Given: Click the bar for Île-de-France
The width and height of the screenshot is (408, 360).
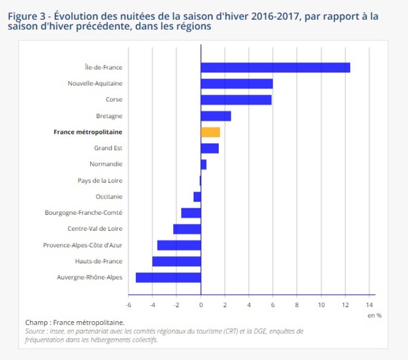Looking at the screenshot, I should click(x=275, y=67).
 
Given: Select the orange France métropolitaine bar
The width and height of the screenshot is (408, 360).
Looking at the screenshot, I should click(x=210, y=132).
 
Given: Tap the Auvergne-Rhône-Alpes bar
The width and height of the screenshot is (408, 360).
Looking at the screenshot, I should click(x=168, y=277).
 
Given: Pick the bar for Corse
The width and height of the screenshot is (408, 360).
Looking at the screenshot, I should click(x=236, y=100).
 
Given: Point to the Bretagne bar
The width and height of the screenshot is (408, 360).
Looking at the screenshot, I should click(x=216, y=116).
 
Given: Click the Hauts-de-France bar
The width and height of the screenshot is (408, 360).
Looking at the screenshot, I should click(x=177, y=261).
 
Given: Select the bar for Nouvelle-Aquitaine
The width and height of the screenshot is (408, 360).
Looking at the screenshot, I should click(x=237, y=84).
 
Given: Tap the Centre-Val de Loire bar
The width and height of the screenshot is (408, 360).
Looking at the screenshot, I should click(x=187, y=229).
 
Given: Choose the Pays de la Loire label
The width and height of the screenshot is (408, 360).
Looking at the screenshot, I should click(x=100, y=180).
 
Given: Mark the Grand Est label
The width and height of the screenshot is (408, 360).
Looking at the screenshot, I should click(x=108, y=148).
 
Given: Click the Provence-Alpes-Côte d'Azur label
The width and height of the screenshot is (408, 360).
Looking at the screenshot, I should click(x=83, y=245).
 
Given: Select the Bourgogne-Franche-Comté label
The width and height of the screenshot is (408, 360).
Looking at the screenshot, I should click(x=84, y=212).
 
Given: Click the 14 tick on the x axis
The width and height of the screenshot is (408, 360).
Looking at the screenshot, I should click(x=369, y=305).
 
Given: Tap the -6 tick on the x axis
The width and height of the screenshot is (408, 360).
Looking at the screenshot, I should click(x=128, y=305).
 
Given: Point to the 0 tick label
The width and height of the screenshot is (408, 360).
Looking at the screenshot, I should click(x=201, y=305).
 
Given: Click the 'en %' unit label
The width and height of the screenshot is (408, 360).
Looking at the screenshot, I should click(x=374, y=316).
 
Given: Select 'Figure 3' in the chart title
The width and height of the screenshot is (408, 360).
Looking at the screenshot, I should click(x=26, y=15).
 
